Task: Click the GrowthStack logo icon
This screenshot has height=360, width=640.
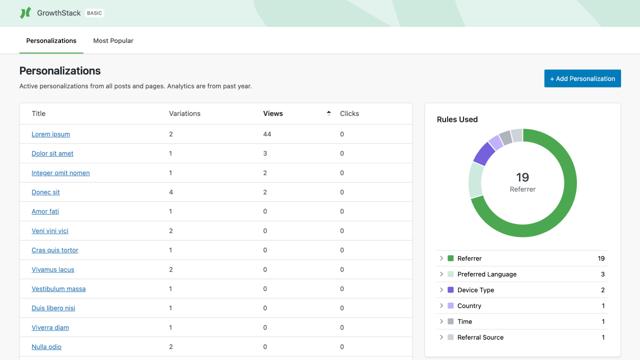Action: pyautogui.click(x=25, y=13)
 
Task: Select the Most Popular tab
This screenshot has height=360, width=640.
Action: pyautogui.click(x=113, y=40)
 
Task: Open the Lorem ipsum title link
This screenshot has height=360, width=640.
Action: pyautogui.click(x=50, y=134)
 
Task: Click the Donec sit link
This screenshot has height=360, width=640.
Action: pyautogui.click(x=45, y=192)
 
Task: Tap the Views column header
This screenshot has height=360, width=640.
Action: pyautogui.click(x=273, y=113)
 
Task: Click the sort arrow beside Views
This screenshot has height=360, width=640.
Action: pyautogui.click(x=328, y=113)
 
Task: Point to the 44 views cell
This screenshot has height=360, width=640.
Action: pyautogui.click(x=267, y=134)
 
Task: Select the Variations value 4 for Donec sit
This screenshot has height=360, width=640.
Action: pyautogui.click(x=171, y=192)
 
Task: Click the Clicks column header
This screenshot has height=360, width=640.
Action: pyautogui.click(x=349, y=113)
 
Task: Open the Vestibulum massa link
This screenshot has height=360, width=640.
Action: pyautogui.click(x=58, y=288)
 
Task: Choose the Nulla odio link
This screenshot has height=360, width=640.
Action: pyautogui.click(x=46, y=346)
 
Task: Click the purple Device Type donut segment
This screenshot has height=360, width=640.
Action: pyautogui.click(x=483, y=153)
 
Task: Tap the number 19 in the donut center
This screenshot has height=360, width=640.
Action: pyautogui.click(x=522, y=177)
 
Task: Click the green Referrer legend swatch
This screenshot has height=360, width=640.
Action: pyautogui.click(x=450, y=258)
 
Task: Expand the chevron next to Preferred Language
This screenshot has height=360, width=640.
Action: pyautogui.click(x=441, y=274)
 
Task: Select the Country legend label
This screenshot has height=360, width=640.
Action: pyautogui.click(x=469, y=305)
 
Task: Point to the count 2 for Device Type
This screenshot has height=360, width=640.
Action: pyautogui.click(x=602, y=290)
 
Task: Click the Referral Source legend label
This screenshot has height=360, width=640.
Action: pyautogui.click(x=480, y=337)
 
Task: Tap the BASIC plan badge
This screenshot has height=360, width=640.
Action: pyautogui.click(x=94, y=13)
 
